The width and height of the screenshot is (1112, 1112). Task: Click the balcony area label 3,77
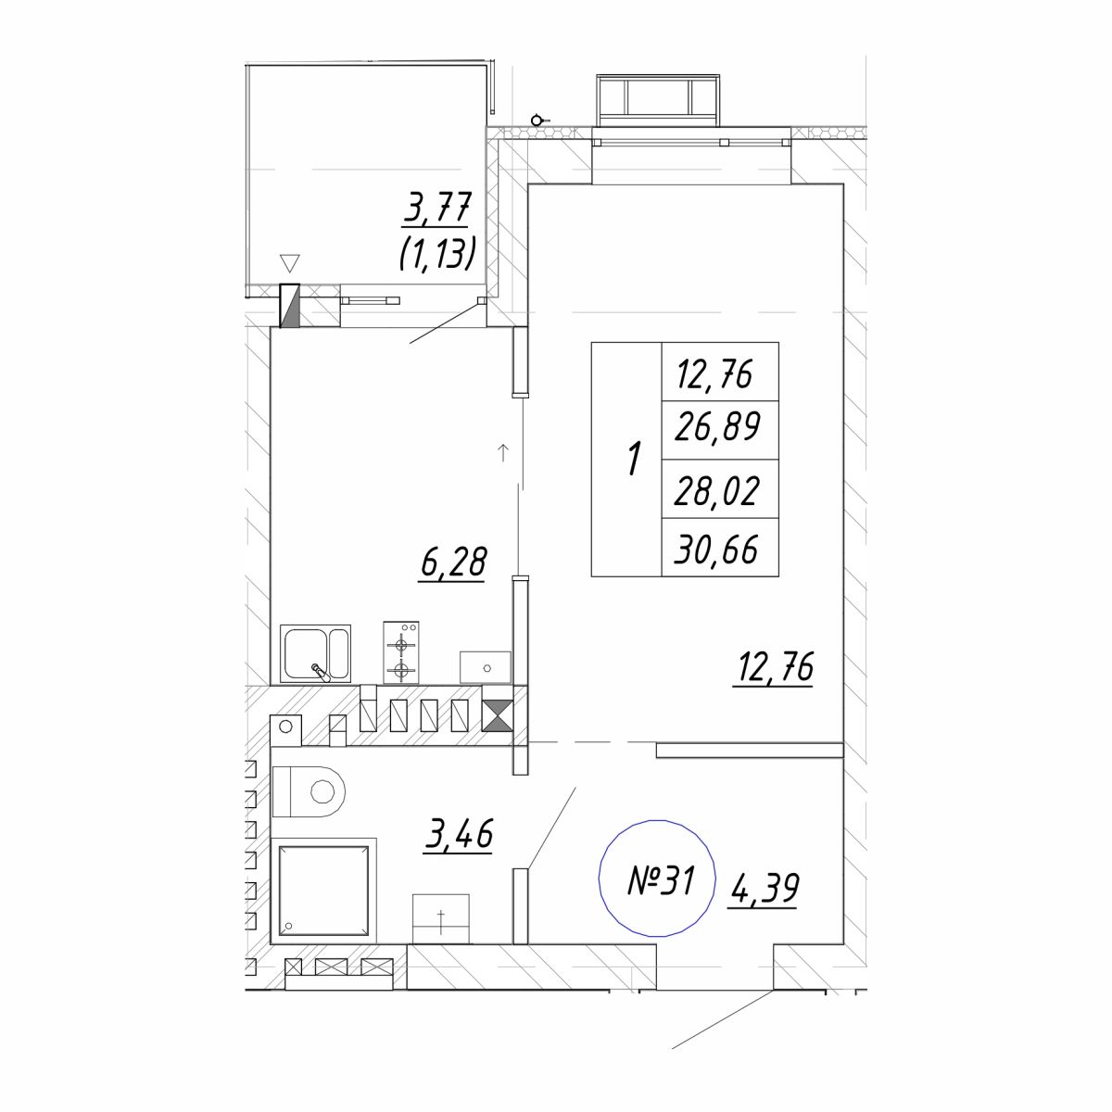(x=436, y=208)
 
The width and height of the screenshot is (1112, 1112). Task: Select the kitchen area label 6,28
(x=453, y=562)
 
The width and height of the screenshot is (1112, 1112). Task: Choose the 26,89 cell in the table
(x=720, y=429)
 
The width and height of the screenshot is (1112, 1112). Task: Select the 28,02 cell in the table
(x=720, y=489)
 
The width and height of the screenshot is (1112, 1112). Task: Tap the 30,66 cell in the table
(x=720, y=548)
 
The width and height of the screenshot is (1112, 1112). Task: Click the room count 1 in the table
(x=634, y=459)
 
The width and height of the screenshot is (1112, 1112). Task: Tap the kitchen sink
(x=315, y=653)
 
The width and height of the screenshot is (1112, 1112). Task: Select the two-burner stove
(x=401, y=652)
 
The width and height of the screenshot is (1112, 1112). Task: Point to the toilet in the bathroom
(x=309, y=791)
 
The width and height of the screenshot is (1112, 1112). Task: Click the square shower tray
(x=323, y=891)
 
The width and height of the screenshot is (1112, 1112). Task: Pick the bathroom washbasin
(x=441, y=919)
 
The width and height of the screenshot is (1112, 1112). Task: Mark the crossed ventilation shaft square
(x=497, y=715)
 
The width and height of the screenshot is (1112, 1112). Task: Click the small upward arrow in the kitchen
(x=503, y=453)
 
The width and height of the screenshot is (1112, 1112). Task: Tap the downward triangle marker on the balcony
(x=289, y=263)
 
